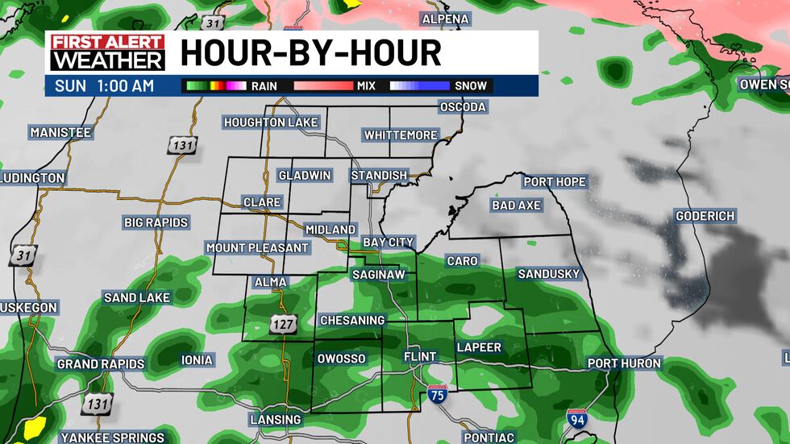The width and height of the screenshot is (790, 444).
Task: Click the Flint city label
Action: tap(420, 357)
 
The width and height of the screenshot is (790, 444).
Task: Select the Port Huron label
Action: tap(624, 363)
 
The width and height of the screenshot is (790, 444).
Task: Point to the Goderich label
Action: tap(705, 216)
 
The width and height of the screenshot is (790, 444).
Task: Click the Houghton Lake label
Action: tap(272, 122)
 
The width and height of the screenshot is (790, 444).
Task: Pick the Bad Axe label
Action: tap(516, 205)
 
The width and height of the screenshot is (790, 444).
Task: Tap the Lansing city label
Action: tap(276, 420)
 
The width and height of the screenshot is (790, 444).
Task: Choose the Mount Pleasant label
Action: tap(257, 247)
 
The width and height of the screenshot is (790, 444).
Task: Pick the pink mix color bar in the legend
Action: tap(323, 85)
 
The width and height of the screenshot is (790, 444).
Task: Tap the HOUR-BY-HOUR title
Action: tap(310, 53)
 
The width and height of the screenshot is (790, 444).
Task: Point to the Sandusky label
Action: tap(548, 274)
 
